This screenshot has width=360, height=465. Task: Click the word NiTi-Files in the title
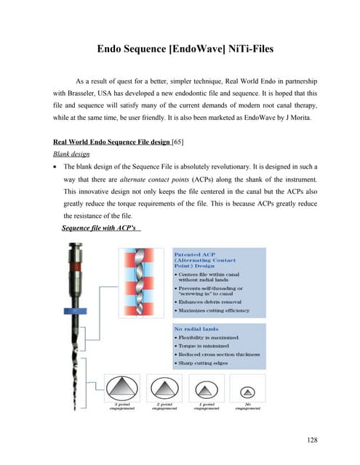click(239, 50)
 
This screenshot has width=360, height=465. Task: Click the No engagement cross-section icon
click(244, 389)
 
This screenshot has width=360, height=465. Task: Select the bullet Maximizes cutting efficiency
click(215, 310)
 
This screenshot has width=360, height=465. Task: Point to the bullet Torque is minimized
click(204, 347)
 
